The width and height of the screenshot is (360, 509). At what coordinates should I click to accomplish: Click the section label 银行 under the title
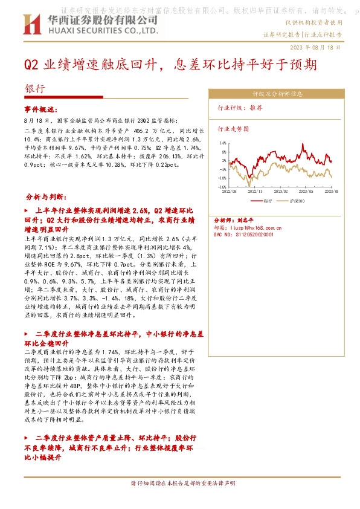(35, 88)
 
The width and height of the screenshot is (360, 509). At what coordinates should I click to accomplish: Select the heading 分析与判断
(50, 198)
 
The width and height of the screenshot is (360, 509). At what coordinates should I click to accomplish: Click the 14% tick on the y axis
(223, 144)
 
